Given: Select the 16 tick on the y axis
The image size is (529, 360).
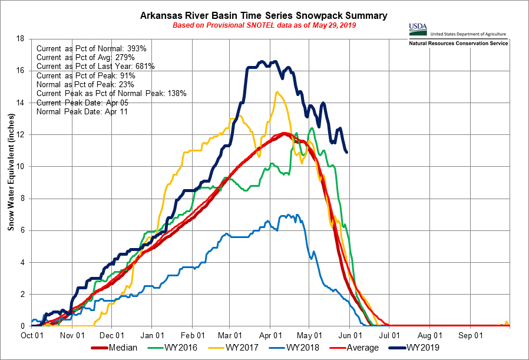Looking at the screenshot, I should [21, 71].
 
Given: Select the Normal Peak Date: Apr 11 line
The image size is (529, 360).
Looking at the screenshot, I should [82, 111].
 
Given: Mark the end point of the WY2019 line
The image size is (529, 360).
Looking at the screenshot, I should [346, 153].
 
